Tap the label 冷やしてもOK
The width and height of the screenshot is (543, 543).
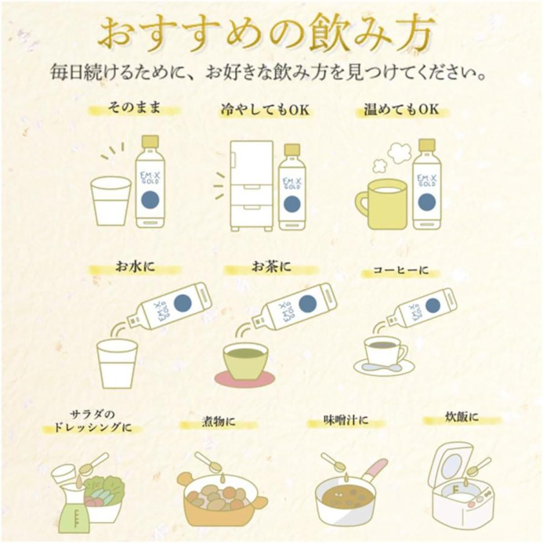pos(265,110)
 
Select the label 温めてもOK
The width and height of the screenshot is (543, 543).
pos(401,109)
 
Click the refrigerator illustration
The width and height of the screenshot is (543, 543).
pos(251,186)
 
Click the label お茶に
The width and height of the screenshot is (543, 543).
pos(271,267)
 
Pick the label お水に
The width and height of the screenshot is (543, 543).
pos(135,267)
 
